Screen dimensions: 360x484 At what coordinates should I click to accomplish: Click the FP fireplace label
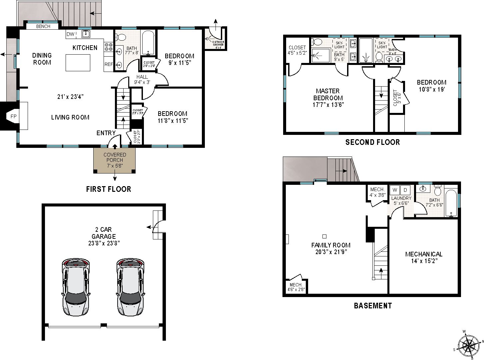13,116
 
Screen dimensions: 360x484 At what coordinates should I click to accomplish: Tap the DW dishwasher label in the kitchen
70,34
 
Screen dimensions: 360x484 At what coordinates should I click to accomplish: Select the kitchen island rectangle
78,63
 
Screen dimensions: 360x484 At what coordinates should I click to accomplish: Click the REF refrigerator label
109,65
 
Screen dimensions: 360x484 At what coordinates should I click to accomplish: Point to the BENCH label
43,26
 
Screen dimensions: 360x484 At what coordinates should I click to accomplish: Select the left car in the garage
76,287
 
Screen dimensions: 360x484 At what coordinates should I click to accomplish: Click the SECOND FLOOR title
372,142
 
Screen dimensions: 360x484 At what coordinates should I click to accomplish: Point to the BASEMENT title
372,305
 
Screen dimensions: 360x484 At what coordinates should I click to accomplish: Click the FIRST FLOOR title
108,189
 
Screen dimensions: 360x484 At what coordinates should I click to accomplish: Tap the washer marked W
395,190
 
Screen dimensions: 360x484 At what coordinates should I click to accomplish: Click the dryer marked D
405,190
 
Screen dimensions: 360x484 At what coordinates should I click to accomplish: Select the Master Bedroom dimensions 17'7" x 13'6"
328,105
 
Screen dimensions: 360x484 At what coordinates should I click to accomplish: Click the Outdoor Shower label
218,44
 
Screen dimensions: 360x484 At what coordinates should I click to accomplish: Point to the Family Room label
330,245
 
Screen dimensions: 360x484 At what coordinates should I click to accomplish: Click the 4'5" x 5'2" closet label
297,50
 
